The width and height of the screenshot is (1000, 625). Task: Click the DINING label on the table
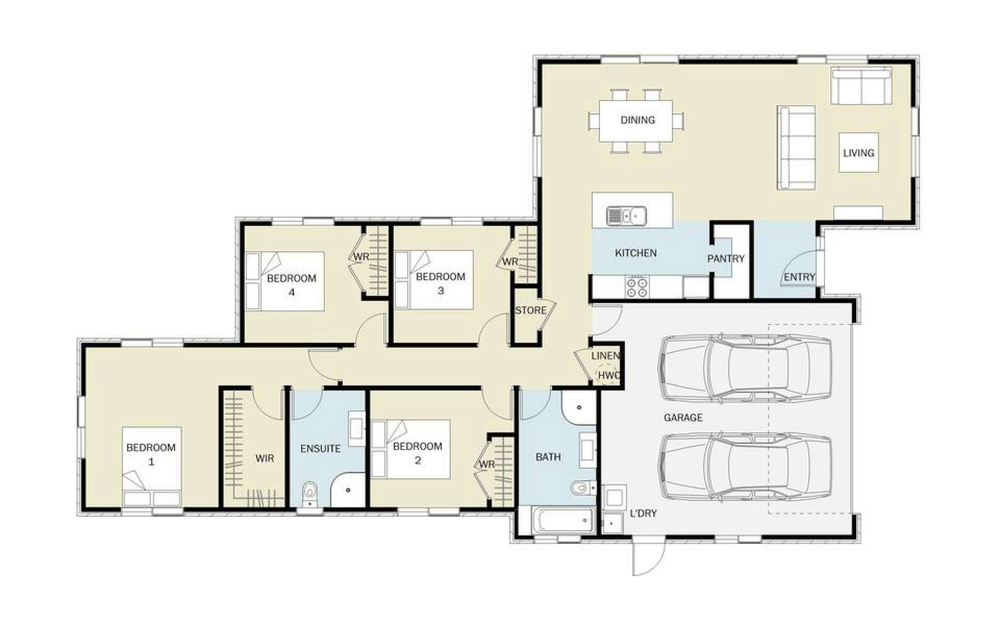click(637, 120)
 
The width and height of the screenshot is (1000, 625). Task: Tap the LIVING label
click(859, 153)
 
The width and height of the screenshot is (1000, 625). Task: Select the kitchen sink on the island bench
click(626, 216)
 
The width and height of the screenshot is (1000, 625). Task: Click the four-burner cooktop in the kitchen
click(637, 286)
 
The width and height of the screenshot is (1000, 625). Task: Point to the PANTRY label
click(726, 259)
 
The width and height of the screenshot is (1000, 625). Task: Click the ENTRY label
click(800, 277)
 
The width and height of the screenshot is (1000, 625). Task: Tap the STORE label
click(531, 310)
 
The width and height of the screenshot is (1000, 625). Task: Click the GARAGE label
click(683, 417)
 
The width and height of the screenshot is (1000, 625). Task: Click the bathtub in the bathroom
click(563, 521)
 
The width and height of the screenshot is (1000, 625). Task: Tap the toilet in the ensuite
click(309, 494)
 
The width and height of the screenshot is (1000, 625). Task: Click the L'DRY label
click(643, 514)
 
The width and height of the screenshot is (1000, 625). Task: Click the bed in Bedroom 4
click(285, 281)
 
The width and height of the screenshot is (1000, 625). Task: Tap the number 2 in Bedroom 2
click(417, 460)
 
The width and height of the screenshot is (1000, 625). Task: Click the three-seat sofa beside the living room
click(796, 147)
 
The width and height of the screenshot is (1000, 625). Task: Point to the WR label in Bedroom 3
click(510, 262)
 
